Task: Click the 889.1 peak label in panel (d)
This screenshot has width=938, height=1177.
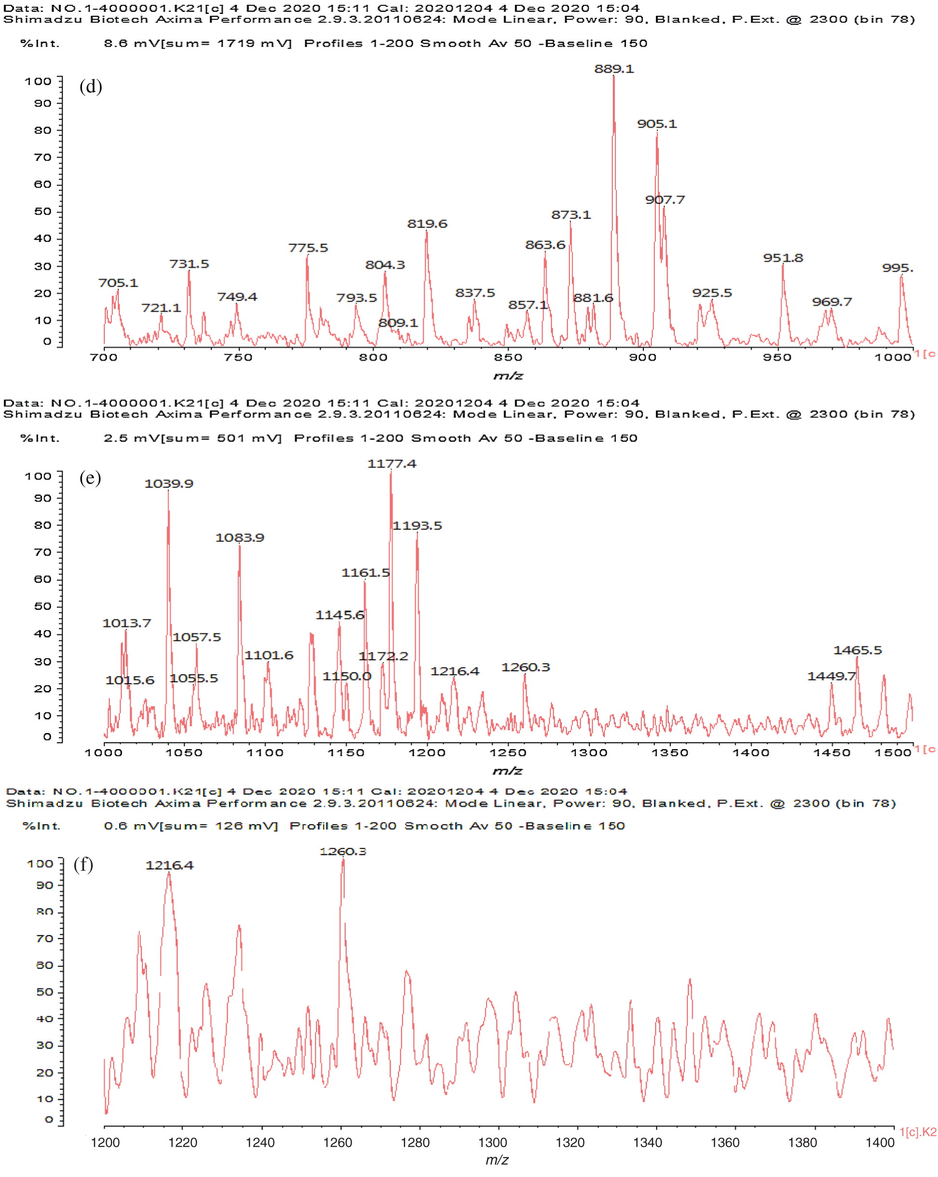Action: (614, 69)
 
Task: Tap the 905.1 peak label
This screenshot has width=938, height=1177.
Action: (656, 124)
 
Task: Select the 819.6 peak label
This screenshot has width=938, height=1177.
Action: (427, 224)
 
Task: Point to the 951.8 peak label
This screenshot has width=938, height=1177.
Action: (783, 258)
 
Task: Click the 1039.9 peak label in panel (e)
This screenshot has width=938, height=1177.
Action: (169, 484)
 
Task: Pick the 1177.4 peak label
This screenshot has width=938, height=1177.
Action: (391, 464)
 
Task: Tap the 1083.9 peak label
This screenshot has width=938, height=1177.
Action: (240, 538)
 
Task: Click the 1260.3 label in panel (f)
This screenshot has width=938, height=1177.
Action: (343, 852)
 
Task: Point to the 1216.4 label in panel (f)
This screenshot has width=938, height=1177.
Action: (169, 865)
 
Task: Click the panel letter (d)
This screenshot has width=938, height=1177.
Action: (91, 86)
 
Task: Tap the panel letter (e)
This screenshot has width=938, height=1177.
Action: (90, 478)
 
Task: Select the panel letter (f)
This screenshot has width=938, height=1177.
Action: (83, 864)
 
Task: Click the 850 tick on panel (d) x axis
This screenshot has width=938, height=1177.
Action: (507, 358)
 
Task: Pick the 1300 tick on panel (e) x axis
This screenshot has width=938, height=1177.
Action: (589, 753)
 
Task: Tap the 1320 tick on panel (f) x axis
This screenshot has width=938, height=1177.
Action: (570, 1143)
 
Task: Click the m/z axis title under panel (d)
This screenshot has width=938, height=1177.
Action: (507, 375)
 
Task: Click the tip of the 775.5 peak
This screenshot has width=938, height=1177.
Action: (307, 255)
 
